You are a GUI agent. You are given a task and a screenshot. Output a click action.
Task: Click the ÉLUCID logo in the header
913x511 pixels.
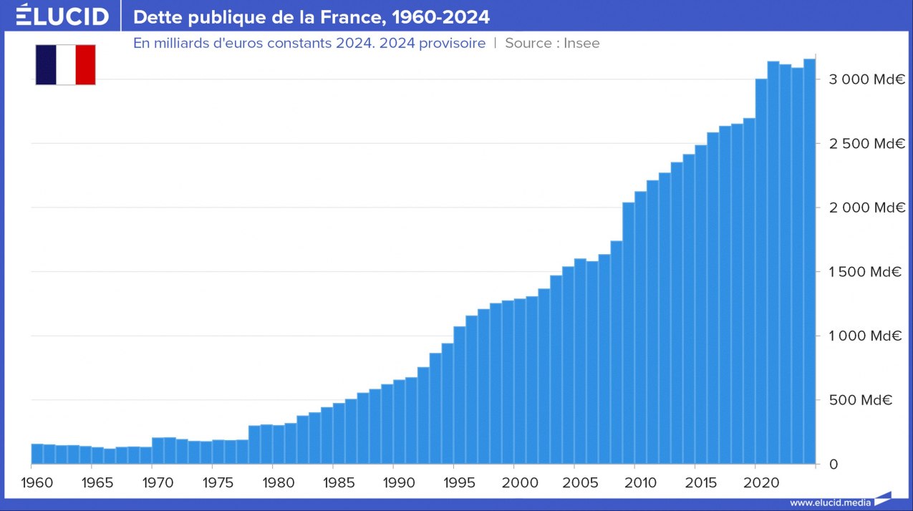click(62, 16)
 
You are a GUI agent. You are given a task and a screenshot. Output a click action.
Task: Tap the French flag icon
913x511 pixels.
click(65, 64)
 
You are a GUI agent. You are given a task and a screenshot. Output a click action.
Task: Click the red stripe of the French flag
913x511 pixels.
click(85, 64)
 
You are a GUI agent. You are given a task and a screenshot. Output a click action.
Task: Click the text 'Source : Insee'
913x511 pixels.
click(552, 43)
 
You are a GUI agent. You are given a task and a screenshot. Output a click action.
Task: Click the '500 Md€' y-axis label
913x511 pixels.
click(860, 400)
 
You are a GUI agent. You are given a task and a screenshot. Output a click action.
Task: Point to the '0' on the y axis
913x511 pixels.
click(833, 464)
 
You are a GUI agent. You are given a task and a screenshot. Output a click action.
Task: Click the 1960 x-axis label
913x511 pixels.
click(37, 482)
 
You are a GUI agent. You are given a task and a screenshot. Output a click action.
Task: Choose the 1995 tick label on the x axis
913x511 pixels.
click(459, 482)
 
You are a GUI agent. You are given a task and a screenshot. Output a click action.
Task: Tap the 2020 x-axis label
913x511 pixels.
click(761, 482)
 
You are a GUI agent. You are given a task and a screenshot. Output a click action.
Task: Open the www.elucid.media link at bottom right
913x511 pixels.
click(830, 502)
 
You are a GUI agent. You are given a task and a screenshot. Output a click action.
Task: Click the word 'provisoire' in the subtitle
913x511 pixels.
click(450, 43)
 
